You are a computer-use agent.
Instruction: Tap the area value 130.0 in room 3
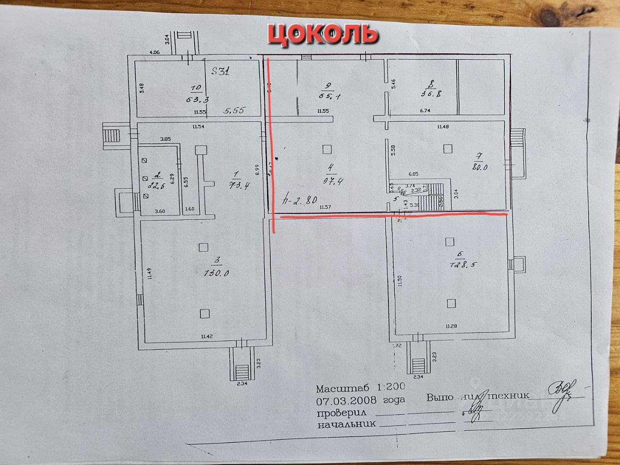216,273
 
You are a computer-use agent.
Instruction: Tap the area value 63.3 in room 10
196,100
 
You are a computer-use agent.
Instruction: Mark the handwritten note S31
221,72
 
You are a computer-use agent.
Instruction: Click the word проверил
341,413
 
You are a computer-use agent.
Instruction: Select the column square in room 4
328,148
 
